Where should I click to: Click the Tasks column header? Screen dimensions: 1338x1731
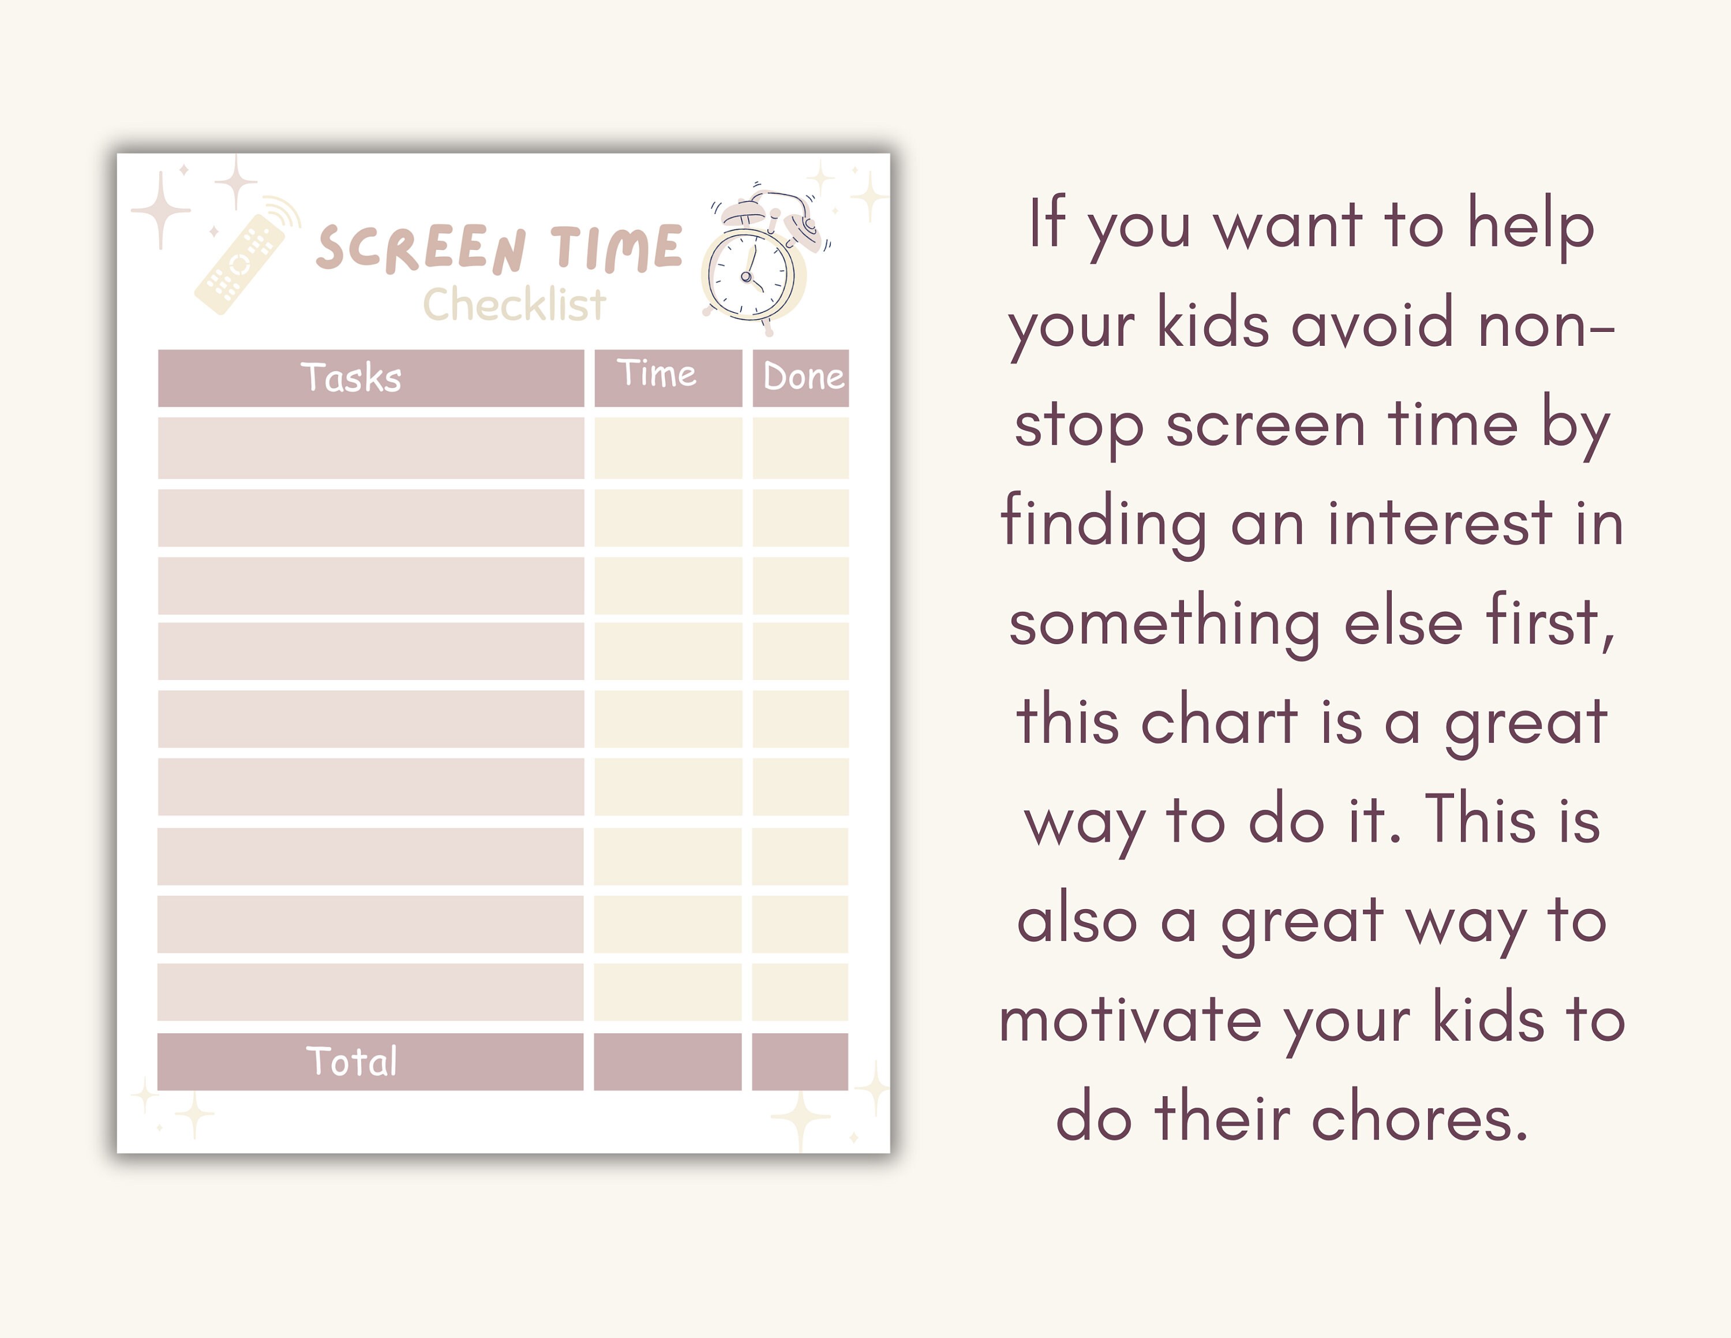click(351, 378)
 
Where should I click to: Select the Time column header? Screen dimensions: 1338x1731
click(657, 374)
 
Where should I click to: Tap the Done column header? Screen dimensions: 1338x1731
click(802, 378)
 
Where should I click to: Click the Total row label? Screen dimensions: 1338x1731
click(351, 1062)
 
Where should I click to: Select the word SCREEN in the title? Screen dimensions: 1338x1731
click(420, 249)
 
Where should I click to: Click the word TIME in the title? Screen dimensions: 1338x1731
click(616, 247)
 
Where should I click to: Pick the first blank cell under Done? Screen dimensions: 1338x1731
click(800, 448)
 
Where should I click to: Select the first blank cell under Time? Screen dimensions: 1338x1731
click(668, 448)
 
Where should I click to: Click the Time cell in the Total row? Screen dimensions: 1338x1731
click(668, 1062)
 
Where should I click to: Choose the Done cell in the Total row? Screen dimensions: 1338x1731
click(800, 1062)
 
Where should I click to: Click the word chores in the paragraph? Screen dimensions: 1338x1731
click(1419, 1119)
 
